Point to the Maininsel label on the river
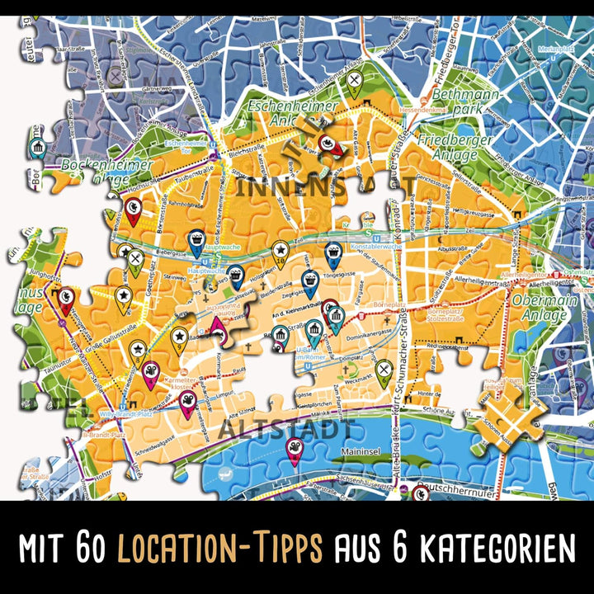click(362, 451)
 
